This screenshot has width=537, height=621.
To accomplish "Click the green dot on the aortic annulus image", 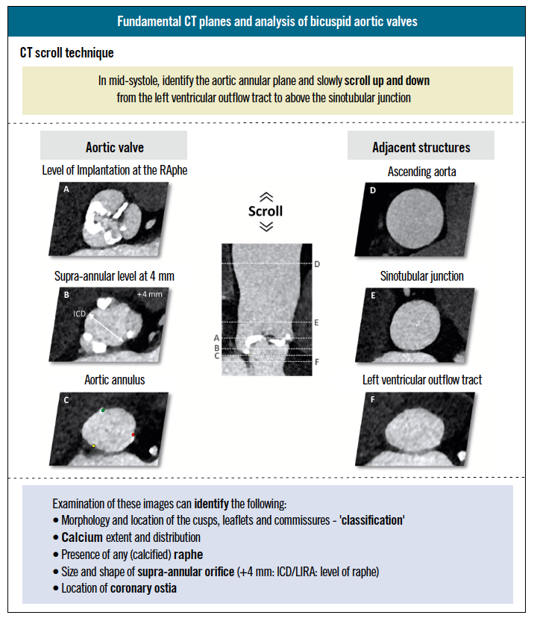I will (104, 411).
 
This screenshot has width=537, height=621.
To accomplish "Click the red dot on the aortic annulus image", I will (134, 434).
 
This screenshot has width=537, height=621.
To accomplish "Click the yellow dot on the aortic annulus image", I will (93, 446).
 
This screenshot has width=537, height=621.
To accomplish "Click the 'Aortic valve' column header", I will (113, 147).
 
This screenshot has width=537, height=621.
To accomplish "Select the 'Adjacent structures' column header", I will (421, 147).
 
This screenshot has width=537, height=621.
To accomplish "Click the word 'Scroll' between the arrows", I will (266, 211).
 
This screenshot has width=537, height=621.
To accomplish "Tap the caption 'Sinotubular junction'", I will (421, 276).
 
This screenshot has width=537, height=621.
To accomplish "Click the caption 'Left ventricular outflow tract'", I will (422, 380).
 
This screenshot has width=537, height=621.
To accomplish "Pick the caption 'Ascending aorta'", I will (421, 172).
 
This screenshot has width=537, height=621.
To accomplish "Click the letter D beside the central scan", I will (317, 264).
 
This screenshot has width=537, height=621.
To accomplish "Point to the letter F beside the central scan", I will (317, 362).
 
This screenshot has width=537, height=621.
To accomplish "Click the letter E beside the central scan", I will (317, 322).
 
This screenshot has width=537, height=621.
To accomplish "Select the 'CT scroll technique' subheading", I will (67, 54).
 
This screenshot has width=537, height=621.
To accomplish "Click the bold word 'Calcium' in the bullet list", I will (81, 537).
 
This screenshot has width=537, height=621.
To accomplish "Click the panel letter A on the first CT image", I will (66, 190).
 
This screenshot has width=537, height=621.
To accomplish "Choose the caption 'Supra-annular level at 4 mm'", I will (113, 276).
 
